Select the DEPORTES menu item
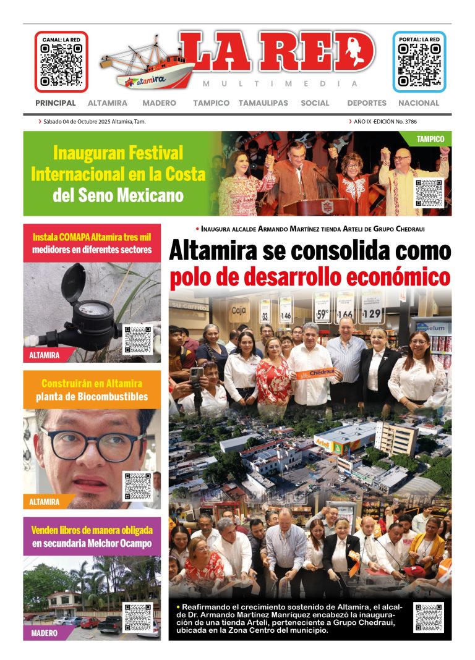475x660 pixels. [367, 103]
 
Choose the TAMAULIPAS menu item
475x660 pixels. [263, 103]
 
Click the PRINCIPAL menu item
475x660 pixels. [56, 103]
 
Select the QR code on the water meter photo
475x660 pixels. [137, 339]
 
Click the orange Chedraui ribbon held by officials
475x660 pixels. [315, 373]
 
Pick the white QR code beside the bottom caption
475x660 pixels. [429, 617]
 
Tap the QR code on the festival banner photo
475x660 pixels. [429, 192]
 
